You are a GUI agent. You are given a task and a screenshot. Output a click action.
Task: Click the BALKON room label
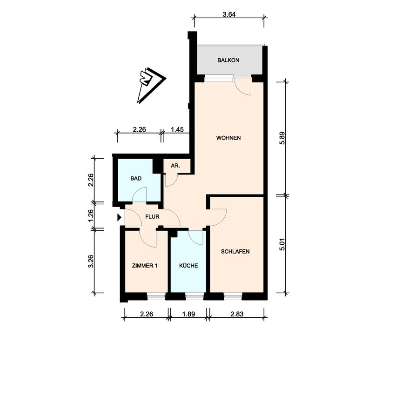point(228,60)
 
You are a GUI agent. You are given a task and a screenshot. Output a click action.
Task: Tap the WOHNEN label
point(228,138)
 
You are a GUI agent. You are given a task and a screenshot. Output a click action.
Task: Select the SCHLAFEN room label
point(235,252)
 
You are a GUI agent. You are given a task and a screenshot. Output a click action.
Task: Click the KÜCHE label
point(188,266)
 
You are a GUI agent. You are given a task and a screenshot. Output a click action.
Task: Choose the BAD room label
point(136,178)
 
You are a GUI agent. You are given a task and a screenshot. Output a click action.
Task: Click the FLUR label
point(152,217)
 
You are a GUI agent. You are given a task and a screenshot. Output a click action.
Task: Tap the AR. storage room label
point(175,166)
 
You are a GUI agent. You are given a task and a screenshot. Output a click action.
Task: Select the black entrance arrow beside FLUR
point(120,217)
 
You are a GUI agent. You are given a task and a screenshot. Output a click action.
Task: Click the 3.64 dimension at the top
point(228,14)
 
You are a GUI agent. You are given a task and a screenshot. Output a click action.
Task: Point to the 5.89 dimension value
point(282,139)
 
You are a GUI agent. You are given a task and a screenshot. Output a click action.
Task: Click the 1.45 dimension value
point(177,130)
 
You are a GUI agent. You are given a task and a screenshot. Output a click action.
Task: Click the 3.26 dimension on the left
point(91,261)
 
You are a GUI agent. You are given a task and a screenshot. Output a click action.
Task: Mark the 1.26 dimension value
point(91,215)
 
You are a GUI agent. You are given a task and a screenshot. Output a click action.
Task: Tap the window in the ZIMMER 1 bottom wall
point(156,295)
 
